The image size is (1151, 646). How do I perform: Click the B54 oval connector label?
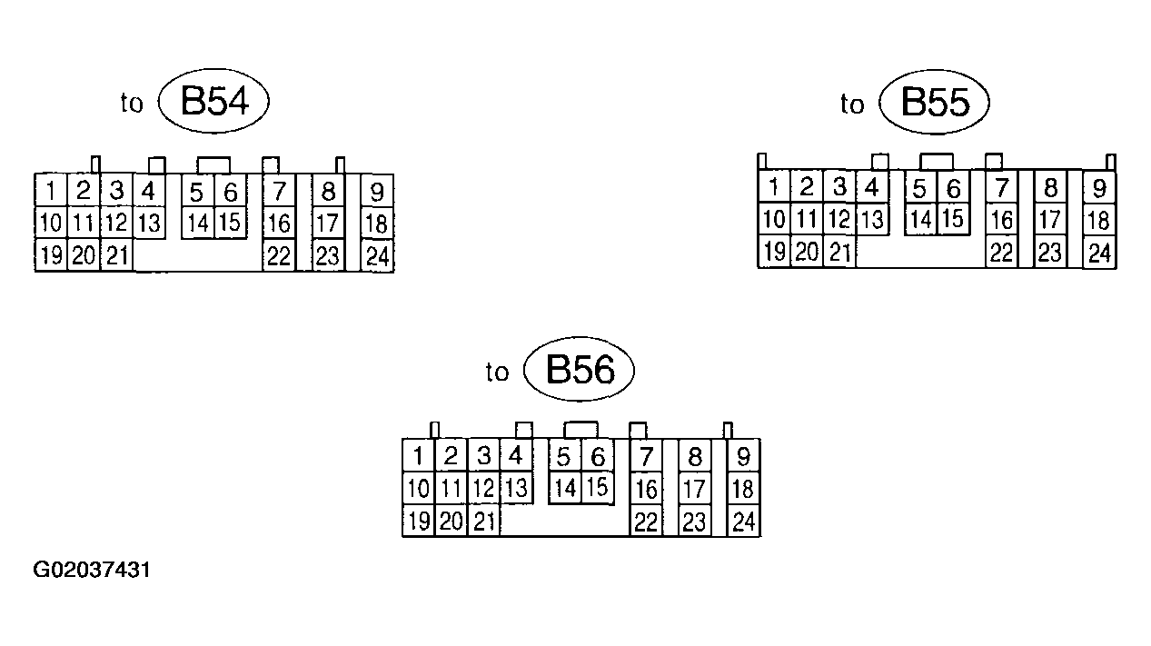[214, 102]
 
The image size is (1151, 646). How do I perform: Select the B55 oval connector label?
[934, 103]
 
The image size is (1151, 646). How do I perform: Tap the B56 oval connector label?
[580, 370]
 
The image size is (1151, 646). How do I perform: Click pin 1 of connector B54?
[51, 192]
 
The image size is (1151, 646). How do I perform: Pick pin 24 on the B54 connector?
[377, 256]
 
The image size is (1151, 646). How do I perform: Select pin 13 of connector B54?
[149, 223]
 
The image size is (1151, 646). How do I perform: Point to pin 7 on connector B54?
[279, 192]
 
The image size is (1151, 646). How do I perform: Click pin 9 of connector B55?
[1099, 188]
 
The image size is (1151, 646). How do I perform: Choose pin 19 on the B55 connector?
[774, 252]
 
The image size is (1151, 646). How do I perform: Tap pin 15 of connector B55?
[952, 219]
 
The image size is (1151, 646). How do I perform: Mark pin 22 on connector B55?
[1002, 252]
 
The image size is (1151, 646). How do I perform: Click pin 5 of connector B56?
[565, 455]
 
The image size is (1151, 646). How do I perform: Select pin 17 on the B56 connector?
[694, 490]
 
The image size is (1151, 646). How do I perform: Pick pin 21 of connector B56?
[484, 522]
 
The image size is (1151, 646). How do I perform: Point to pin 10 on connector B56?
[418, 489]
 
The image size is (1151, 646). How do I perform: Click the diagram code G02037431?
[92, 571]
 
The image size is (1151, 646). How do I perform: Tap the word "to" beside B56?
[497, 373]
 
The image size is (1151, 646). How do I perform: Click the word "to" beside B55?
[852, 105]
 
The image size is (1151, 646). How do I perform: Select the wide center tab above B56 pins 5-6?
[581, 430]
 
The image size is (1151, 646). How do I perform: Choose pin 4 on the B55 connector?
[872, 188]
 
